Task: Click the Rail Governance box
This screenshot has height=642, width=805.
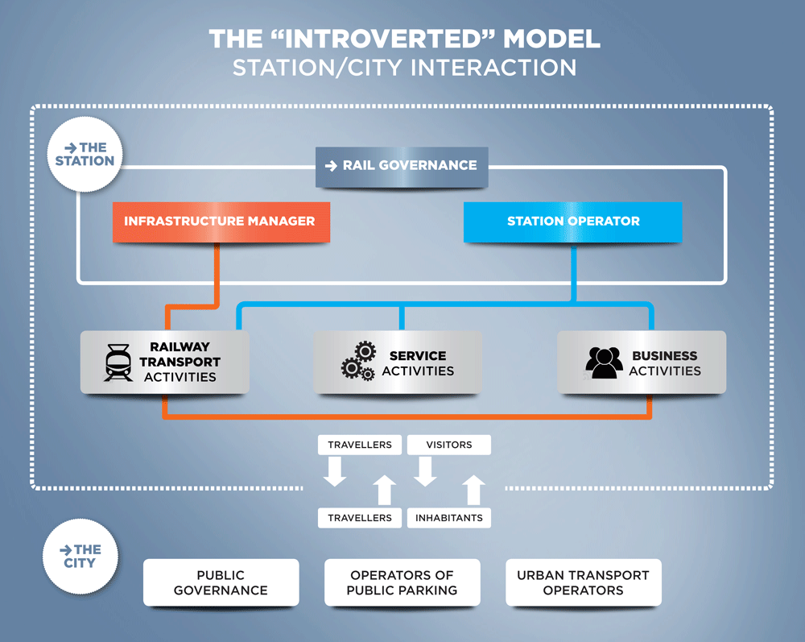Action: pos(402,167)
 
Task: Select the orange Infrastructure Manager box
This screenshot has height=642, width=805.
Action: pos(221,222)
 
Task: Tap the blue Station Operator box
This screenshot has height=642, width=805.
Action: pos(573,222)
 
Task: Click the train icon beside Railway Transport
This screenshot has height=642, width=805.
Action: pos(118,362)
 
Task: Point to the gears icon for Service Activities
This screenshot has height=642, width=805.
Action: pos(358,361)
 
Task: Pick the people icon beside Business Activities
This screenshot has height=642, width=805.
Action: pos(605,362)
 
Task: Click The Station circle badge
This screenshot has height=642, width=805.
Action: pos(85,154)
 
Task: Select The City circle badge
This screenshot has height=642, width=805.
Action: pos(80,557)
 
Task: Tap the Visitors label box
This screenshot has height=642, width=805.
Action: pos(449,445)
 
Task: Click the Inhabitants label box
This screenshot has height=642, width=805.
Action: pos(449,518)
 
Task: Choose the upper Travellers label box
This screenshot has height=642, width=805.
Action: pos(360,445)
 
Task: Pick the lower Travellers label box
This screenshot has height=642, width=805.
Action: pos(360,518)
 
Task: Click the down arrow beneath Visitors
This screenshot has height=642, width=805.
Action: pos(425,471)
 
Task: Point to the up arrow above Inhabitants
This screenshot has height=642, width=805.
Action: pos(473,490)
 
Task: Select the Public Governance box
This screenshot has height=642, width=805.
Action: pos(221,583)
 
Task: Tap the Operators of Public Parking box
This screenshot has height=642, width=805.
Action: pos(402,583)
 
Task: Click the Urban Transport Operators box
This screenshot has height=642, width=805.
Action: pos(584,583)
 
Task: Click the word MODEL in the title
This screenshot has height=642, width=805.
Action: pos(551,39)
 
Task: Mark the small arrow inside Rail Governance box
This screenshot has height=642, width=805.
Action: pos(331,166)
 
